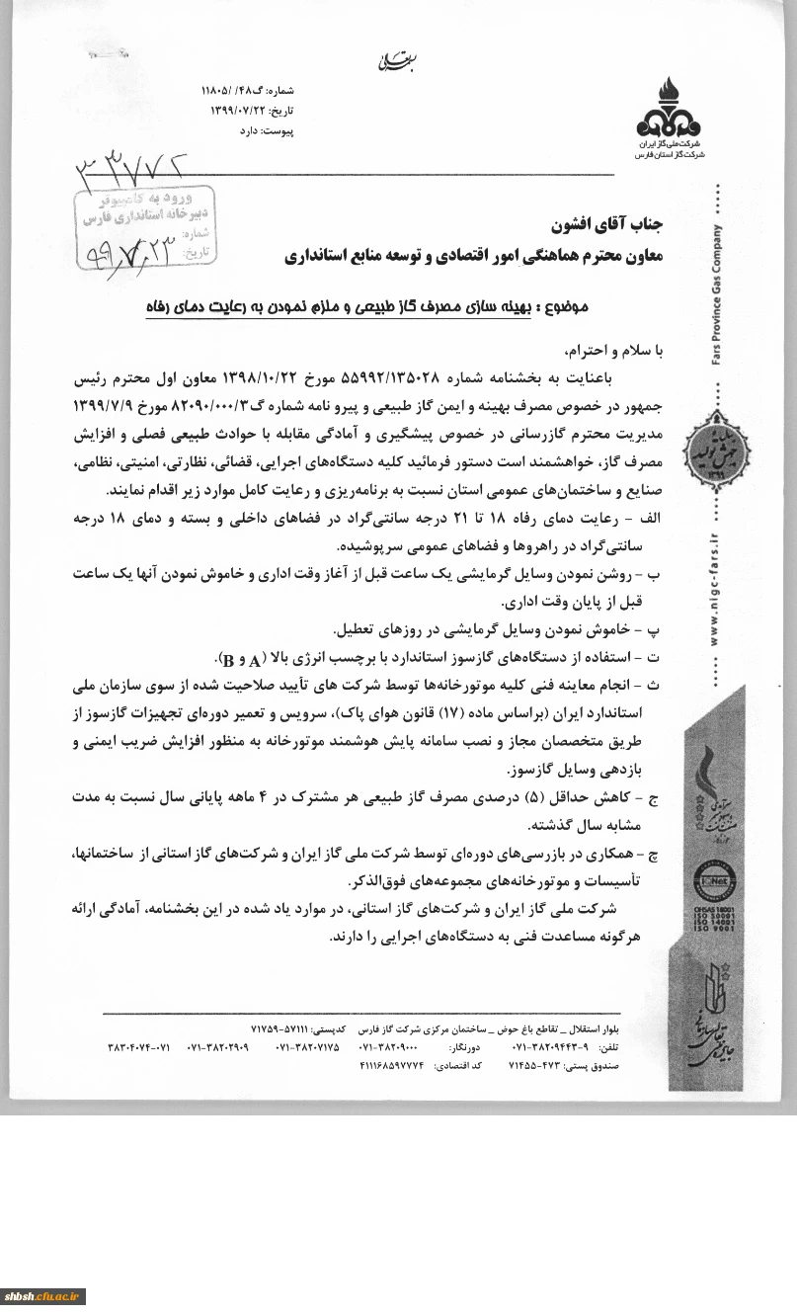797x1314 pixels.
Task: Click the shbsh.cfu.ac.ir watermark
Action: tap(44, 1296)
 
